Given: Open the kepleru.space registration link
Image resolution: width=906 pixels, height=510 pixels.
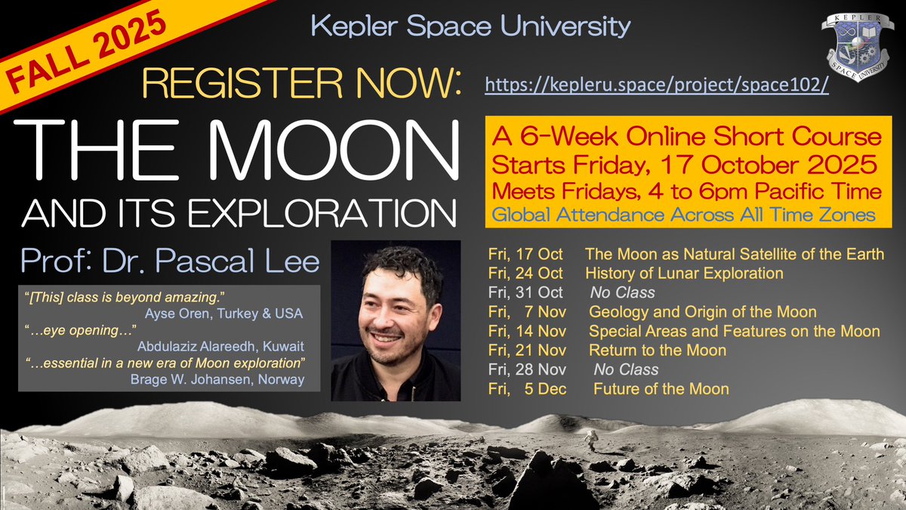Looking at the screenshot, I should pos(657,84).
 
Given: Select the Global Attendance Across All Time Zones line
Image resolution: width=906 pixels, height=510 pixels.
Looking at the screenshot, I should pos(684,215).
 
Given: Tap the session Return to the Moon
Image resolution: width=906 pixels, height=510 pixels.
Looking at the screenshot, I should pos(657,351).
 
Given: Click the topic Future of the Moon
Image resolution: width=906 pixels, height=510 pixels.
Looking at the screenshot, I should pos(661,390).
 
